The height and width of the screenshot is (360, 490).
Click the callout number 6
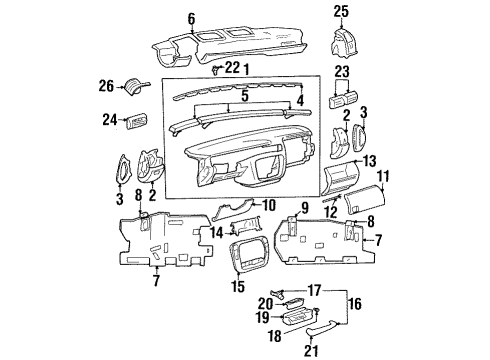(191, 18)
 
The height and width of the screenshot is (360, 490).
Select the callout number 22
(232, 67)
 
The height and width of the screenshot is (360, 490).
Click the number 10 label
(269, 206)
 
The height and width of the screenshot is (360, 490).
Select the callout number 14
(215, 232)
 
